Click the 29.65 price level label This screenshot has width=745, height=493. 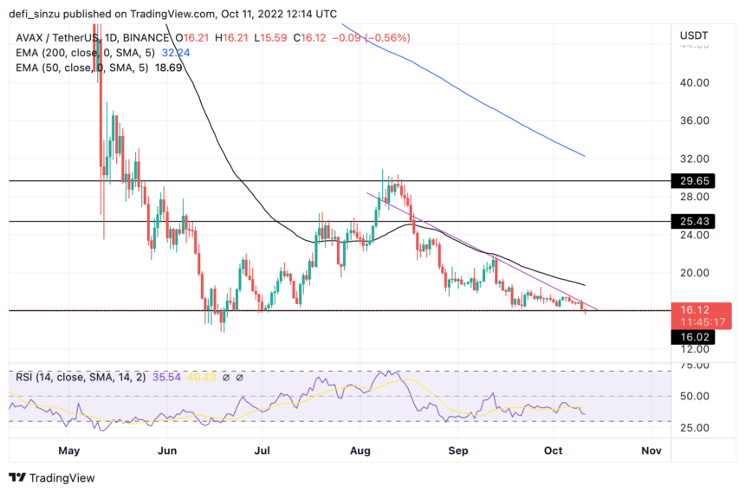697,181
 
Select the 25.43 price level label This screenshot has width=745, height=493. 697,222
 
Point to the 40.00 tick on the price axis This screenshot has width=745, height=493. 696,83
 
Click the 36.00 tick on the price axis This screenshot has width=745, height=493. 696,121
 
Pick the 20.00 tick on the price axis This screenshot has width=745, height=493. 696,273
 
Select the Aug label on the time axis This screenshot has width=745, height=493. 361,451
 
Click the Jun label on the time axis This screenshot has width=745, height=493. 168,451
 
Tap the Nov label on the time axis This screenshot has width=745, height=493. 651,451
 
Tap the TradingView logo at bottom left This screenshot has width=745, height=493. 52,477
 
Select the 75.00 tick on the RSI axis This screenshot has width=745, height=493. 696,366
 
